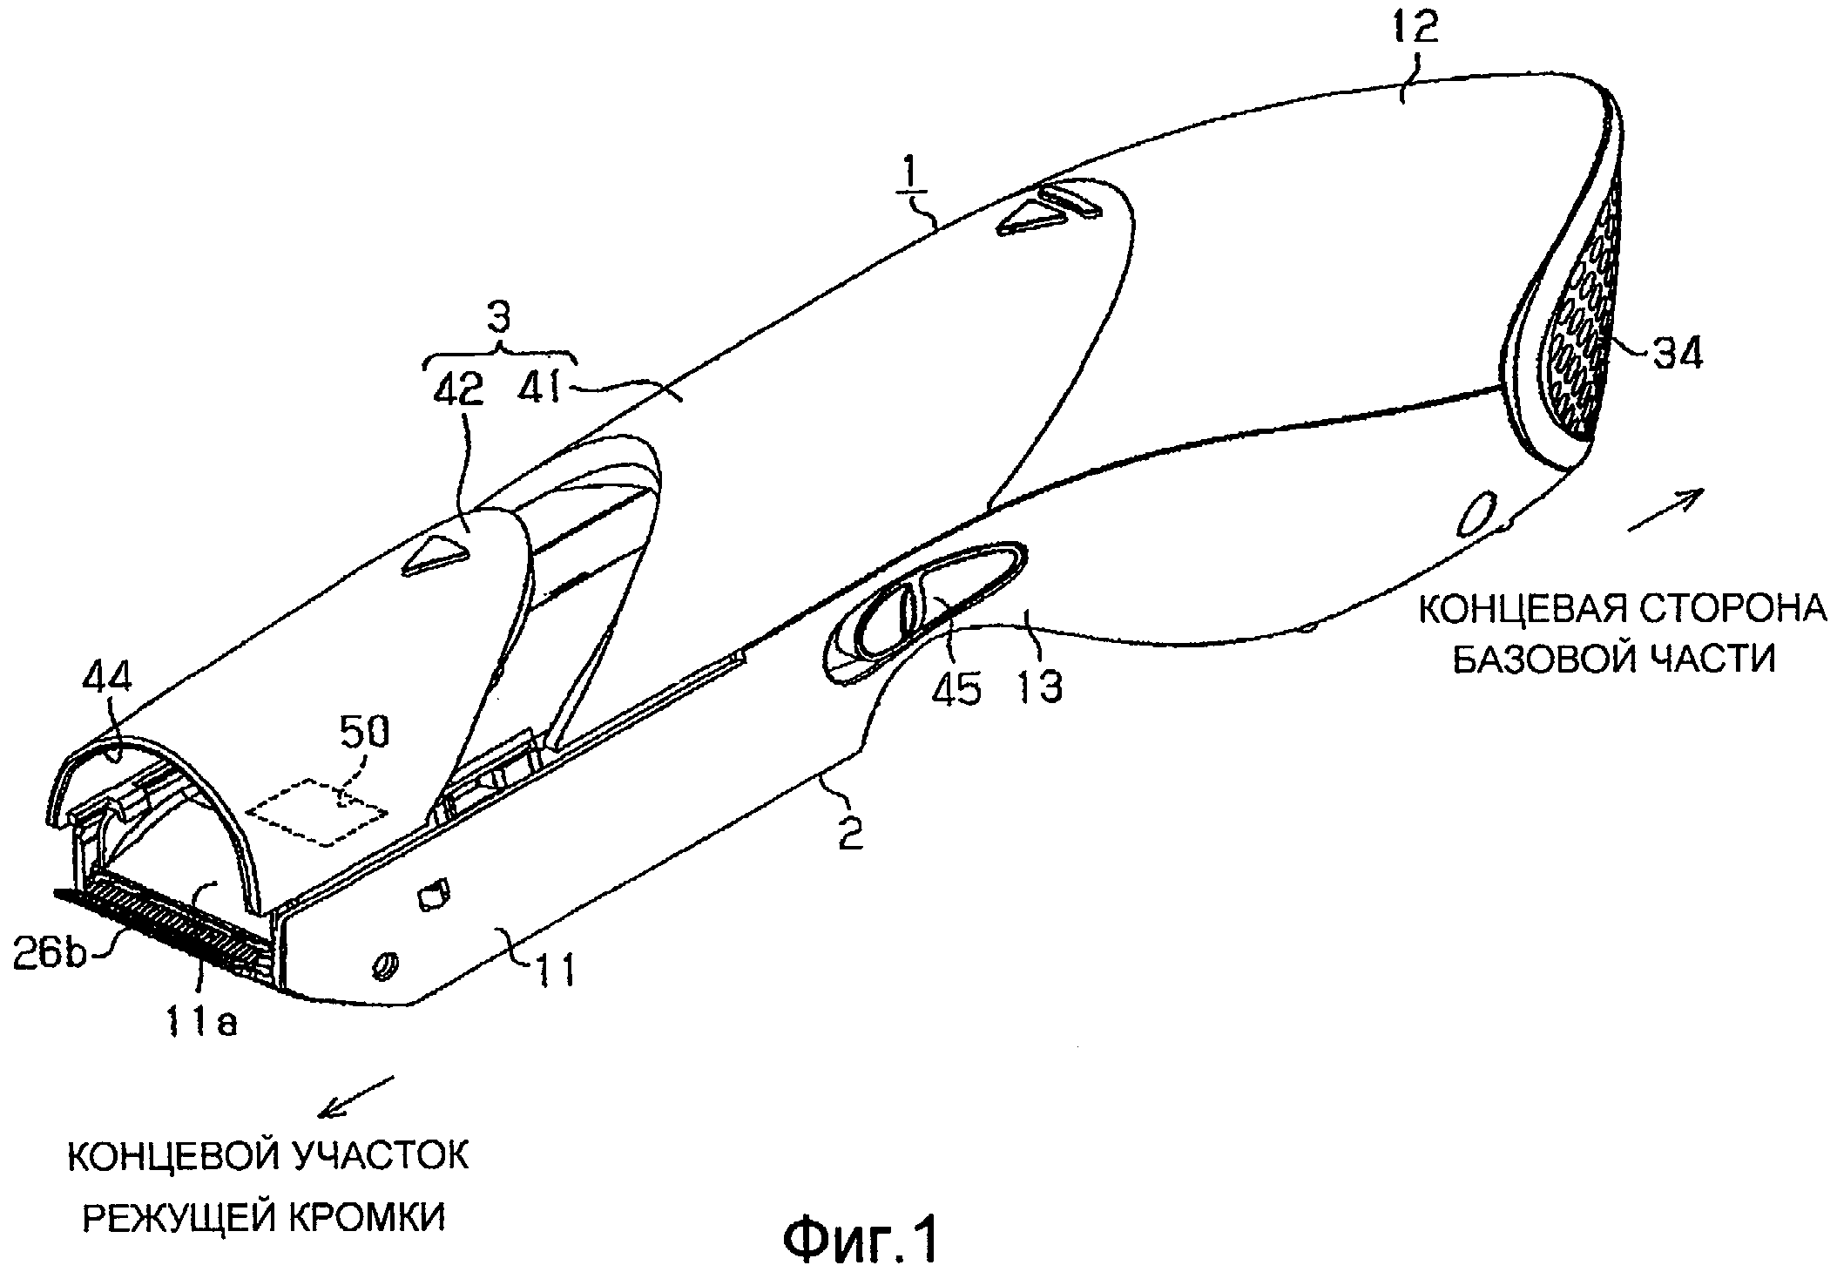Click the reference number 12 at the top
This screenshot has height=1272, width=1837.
tap(1416, 30)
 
